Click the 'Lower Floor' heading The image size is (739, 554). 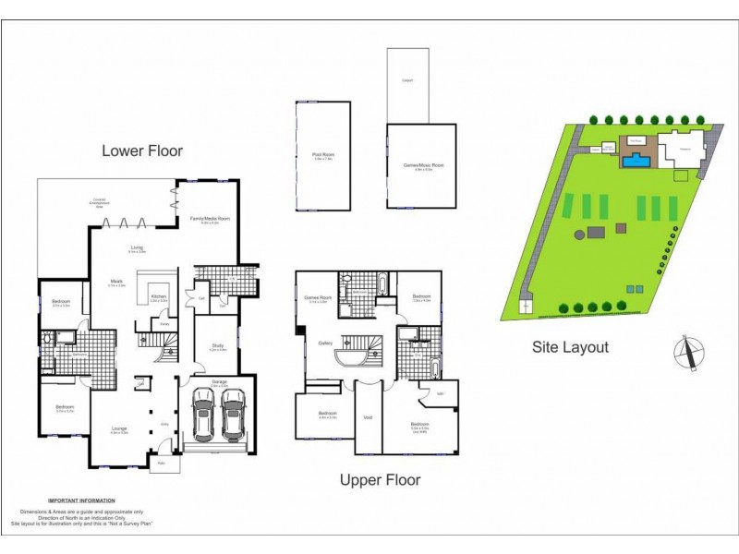(x=142, y=151)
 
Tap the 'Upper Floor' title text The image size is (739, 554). (x=380, y=479)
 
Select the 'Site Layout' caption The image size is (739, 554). (x=570, y=347)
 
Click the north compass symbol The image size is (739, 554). (x=688, y=353)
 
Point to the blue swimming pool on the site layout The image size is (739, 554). (x=634, y=162)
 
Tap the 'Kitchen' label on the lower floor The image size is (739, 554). (x=157, y=296)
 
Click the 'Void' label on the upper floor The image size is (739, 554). (x=368, y=417)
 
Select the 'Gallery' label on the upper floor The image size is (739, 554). (x=325, y=343)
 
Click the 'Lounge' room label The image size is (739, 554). (x=119, y=429)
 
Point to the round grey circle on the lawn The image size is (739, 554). (x=580, y=235)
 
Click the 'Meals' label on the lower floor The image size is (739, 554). (x=117, y=283)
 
